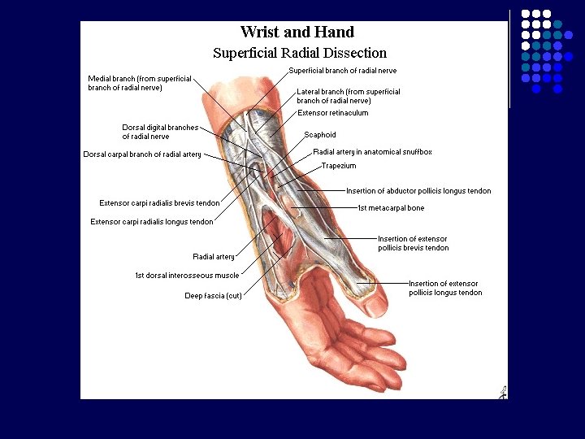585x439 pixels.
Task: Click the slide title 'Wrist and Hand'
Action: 297,33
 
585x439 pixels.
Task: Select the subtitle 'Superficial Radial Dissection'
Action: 299,53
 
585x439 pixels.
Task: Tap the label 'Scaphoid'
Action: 320,135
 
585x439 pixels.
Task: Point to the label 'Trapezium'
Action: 339,166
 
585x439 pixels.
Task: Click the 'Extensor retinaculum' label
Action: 333,113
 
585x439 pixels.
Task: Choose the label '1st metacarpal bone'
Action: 391,208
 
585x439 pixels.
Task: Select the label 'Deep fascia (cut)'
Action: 213,295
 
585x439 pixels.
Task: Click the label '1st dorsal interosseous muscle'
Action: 187,276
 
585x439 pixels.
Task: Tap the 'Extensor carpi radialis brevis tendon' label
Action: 159,203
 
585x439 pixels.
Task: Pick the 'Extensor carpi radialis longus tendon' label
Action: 152,221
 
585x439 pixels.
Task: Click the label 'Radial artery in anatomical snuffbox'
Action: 372,152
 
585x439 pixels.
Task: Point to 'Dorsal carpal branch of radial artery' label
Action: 142,154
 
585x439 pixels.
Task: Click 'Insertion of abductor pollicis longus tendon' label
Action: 418,191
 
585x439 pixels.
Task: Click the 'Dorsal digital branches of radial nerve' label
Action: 160,132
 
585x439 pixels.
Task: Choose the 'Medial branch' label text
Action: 140,83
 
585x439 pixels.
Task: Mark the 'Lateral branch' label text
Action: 349,96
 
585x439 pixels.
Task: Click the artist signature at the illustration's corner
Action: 502,392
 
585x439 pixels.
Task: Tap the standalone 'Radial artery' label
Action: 214,257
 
